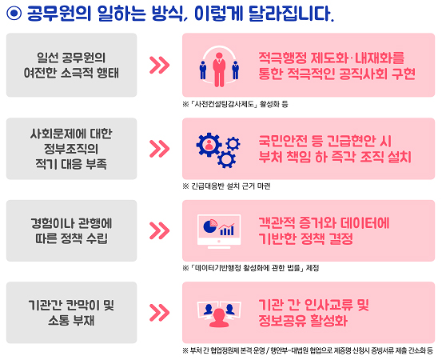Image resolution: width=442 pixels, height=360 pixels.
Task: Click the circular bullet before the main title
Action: pyautogui.click(x=14, y=13)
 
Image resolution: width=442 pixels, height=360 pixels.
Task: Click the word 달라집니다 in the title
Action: pyautogui.click(x=291, y=14)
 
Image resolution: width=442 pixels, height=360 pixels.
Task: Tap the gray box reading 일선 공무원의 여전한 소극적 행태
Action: pyautogui.click(x=72, y=65)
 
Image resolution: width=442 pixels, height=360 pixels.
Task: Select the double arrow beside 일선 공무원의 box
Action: pyautogui.click(x=159, y=65)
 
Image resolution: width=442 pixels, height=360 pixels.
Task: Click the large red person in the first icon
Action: pyautogui.click(x=219, y=70)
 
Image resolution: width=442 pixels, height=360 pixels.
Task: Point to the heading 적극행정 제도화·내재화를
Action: pyautogui.click(x=332, y=58)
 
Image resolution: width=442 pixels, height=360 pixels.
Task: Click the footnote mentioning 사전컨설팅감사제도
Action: pyautogui.click(x=235, y=104)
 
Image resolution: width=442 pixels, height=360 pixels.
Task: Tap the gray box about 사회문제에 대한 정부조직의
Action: pyautogui.click(x=72, y=149)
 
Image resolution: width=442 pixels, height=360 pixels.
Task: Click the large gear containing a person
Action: pyautogui.click(x=209, y=145)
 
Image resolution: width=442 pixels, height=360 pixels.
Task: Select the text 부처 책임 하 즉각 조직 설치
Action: pyautogui.click(x=335, y=157)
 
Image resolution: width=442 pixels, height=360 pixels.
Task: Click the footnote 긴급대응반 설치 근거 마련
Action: pyautogui.click(x=227, y=186)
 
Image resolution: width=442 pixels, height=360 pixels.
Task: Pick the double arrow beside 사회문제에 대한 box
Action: pyautogui.click(x=159, y=149)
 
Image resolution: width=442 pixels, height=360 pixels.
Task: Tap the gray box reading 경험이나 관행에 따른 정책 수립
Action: pyautogui.click(x=72, y=230)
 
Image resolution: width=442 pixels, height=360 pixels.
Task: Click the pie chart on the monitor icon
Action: pyautogui.click(x=210, y=226)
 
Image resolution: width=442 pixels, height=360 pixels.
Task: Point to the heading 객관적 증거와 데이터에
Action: pyautogui.click(x=324, y=223)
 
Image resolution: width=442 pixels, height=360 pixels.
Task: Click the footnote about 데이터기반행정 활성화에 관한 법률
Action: pyautogui.click(x=251, y=268)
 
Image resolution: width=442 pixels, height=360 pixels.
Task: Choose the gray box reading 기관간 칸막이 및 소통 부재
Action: pyautogui.click(x=72, y=313)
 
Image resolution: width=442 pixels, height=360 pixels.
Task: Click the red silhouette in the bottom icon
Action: pyautogui.click(x=219, y=318)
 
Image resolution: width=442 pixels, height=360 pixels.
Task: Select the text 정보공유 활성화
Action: pyautogui.click(x=303, y=321)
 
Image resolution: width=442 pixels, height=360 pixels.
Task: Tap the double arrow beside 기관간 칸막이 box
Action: pyautogui.click(x=159, y=313)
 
